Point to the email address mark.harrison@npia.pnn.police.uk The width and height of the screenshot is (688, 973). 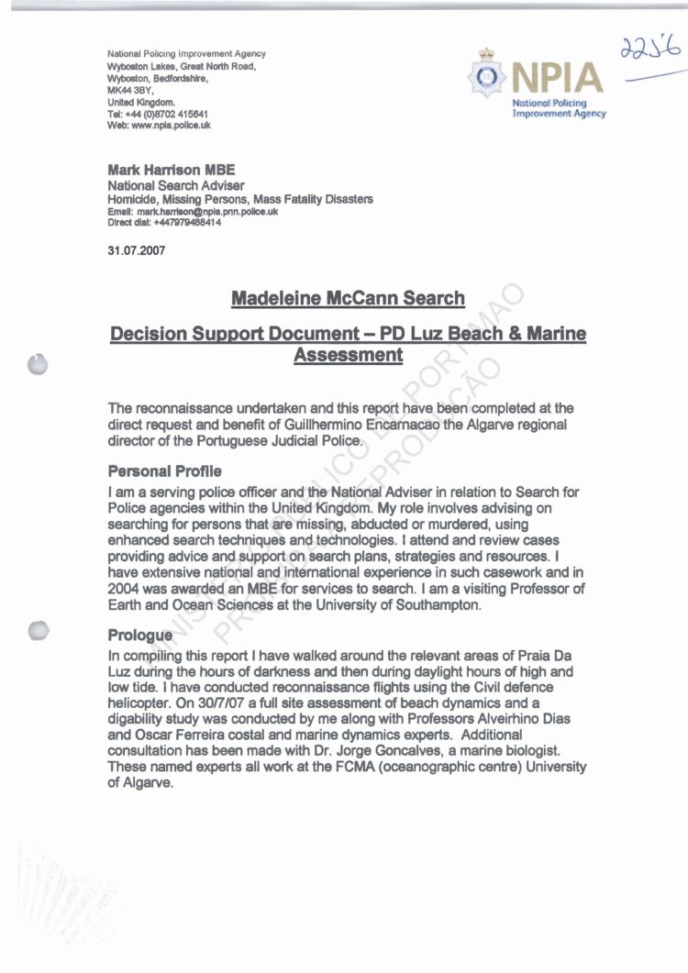207,212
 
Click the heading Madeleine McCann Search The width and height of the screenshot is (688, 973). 348,299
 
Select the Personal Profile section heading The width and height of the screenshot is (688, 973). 164,471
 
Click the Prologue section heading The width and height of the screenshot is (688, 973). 139,635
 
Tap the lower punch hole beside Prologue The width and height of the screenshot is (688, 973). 39,632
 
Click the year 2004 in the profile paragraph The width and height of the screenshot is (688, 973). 126,589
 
